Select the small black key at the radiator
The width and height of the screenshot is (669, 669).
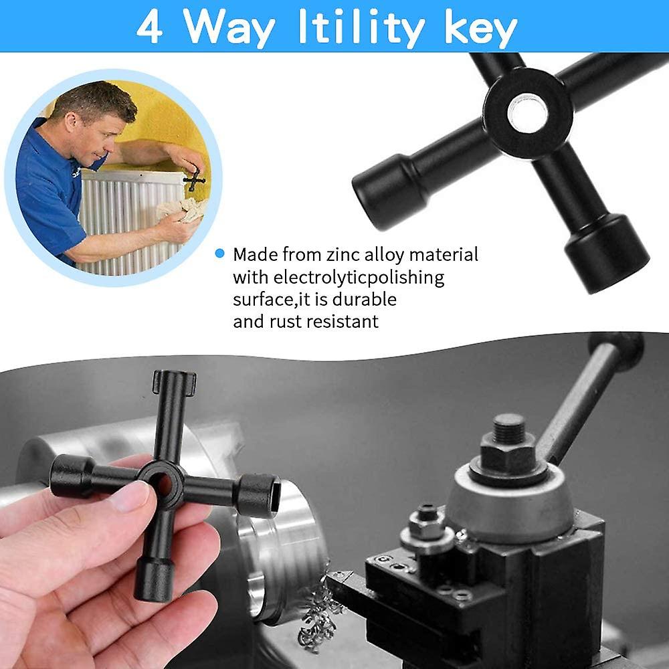(195, 180)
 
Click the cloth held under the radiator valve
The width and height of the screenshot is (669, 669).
(179, 209)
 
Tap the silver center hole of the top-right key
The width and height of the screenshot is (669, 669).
(527, 112)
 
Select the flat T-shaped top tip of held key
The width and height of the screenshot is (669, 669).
(174, 383)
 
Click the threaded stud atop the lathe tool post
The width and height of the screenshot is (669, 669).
(509, 428)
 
